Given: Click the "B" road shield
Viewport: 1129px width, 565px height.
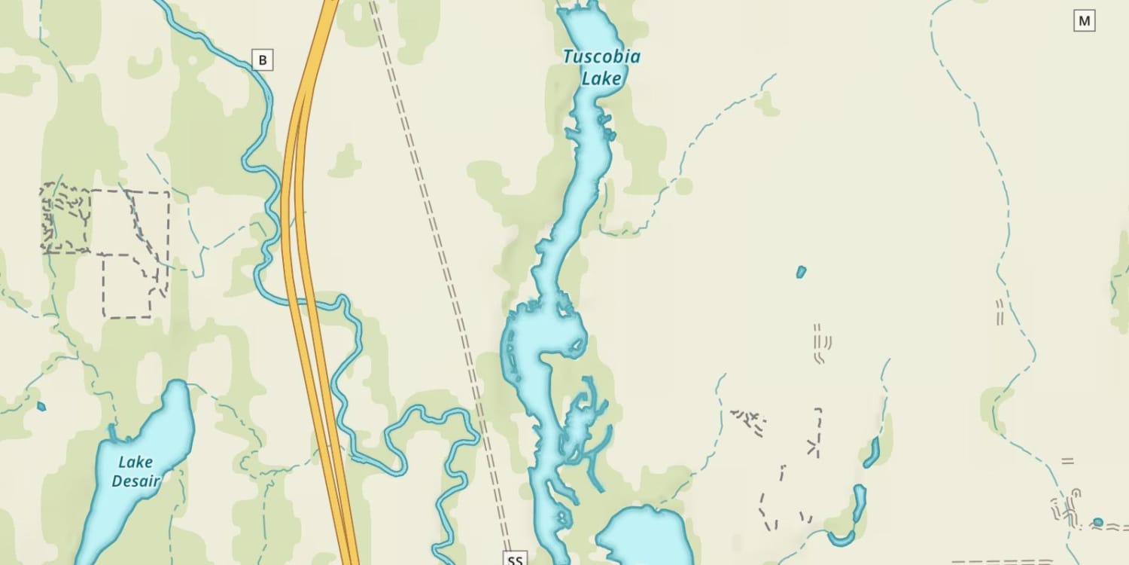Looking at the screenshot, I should (262, 60).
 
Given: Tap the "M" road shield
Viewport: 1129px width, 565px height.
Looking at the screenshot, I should (1084, 21).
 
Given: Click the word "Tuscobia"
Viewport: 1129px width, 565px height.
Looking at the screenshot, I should (601, 56).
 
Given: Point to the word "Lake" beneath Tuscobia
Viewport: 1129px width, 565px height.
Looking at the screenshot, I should (602, 78).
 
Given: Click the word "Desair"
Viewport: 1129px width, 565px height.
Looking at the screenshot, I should (135, 480).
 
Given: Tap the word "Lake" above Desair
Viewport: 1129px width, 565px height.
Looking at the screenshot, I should (135, 462).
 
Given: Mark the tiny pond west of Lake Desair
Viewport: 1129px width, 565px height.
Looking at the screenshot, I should (41, 407).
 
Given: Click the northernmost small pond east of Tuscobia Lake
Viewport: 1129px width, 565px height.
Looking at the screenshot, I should (801, 271).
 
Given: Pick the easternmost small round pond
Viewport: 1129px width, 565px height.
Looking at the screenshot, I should (1098, 522).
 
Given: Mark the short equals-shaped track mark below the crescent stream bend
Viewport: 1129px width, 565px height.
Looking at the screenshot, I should (1067, 460).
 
